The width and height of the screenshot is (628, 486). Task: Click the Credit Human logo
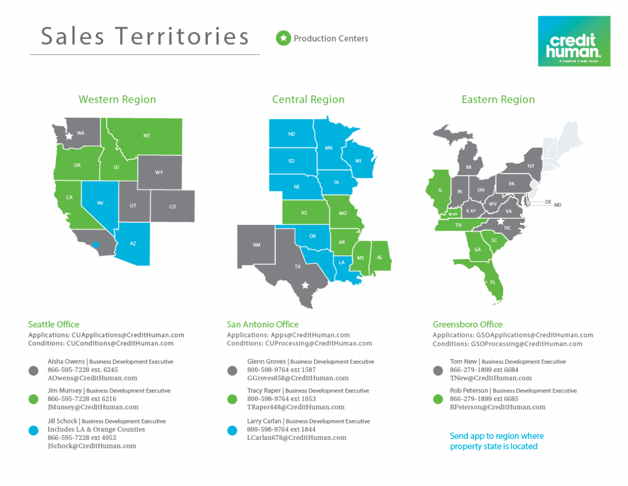pyautogui.click(x=574, y=41)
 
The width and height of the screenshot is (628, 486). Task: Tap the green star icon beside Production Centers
pyautogui.click(x=283, y=38)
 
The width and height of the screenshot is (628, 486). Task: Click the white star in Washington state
pyautogui.click(x=69, y=136)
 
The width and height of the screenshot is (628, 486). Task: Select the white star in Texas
pyautogui.click(x=306, y=286)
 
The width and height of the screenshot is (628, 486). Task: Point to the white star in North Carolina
pyautogui.click(x=500, y=221)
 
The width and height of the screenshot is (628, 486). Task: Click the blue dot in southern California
pyautogui.click(x=96, y=244)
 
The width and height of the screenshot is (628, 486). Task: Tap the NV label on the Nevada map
pyautogui.click(x=100, y=202)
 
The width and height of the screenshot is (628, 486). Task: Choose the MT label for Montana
pyautogui.click(x=147, y=135)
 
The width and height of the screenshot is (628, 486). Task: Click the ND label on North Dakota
pyautogui.click(x=291, y=134)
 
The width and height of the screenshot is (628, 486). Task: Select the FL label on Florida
pyautogui.click(x=492, y=282)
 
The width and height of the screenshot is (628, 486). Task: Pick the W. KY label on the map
pyautogui.click(x=453, y=214)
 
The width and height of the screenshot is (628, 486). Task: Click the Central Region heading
pyautogui.click(x=308, y=99)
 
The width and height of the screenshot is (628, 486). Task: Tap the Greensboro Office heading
pyautogui.click(x=467, y=324)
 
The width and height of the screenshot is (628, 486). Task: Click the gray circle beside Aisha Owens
pyautogui.click(x=33, y=370)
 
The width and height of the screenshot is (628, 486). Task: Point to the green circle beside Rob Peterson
pyautogui.click(x=439, y=399)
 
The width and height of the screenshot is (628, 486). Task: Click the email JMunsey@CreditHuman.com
pyautogui.click(x=93, y=407)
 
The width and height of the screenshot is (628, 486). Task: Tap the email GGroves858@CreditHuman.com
pyautogui.click(x=297, y=378)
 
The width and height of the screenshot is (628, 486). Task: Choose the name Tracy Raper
pyautogui.click(x=264, y=391)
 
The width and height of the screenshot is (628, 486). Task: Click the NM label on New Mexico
pyautogui.click(x=256, y=245)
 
